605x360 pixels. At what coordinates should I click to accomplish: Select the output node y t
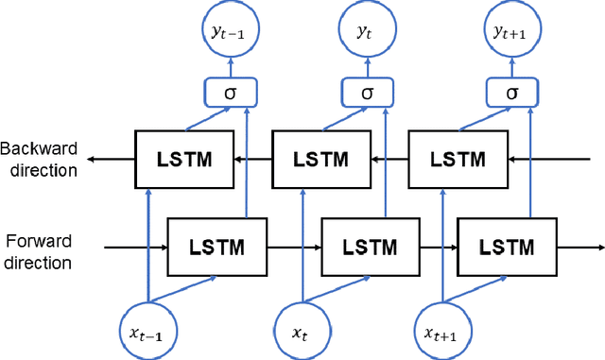[365, 32]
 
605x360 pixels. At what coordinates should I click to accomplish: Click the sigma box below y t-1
[229, 92]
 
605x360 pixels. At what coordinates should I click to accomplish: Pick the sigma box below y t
[365, 92]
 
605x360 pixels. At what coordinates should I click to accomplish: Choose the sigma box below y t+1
[511, 92]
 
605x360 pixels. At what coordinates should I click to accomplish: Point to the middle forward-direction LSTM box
[362, 248]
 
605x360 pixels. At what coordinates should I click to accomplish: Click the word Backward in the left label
[39, 149]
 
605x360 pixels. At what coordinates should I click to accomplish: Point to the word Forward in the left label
[37, 241]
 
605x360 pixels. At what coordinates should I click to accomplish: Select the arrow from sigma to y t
[365, 66]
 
